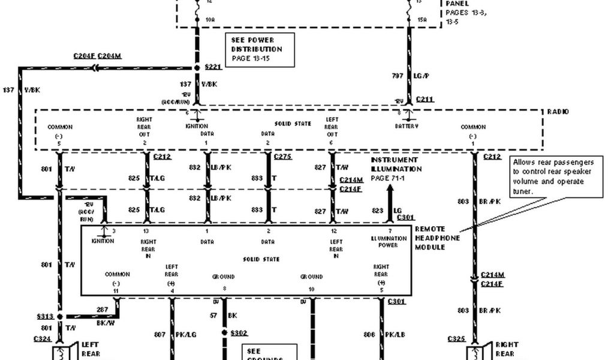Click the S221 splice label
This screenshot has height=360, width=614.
[213, 68]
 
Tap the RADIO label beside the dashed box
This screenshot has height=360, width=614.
[557, 112]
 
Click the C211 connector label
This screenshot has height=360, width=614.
[424, 100]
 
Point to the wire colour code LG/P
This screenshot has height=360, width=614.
[423, 76]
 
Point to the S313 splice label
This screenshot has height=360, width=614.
[45, 316]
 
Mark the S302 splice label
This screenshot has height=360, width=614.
[238, 332]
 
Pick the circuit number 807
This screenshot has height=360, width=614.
[159, 334]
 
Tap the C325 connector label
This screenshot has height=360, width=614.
[456, 339]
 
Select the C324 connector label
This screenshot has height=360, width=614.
[43, 339]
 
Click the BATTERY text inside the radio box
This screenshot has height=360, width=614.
[407, 127]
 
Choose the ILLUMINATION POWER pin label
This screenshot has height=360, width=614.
[389, 242]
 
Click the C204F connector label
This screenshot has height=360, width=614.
[85, 56]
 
